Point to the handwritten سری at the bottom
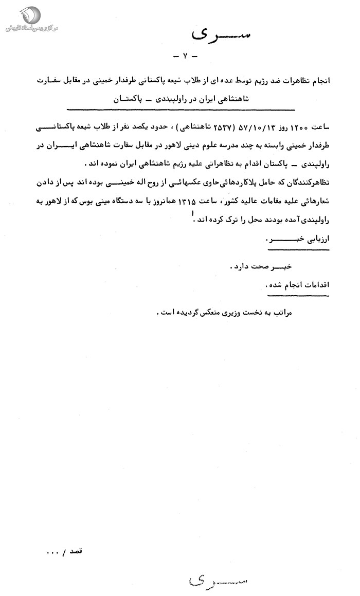(x=216, y=580)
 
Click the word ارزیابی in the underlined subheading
(x=314, y=240)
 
